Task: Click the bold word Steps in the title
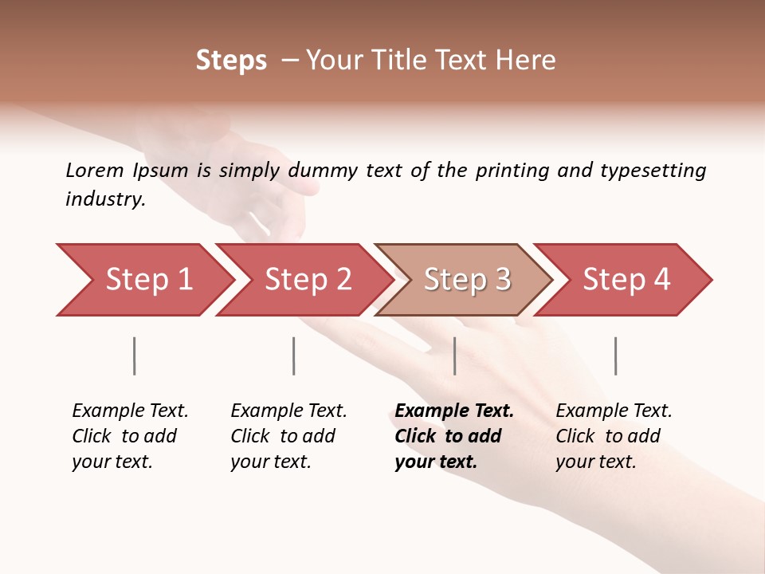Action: [231, 61]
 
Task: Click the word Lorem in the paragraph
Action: [95, 171]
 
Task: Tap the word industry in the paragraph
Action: [105, 199]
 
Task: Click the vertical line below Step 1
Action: [135, 356]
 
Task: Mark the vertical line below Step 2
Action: [294, 356]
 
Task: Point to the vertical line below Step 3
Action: [455, 356]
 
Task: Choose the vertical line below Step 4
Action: [616, 356]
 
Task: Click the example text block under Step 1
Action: [130, 436]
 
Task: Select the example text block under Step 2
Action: [288, 436]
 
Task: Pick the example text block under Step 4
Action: [614, 436]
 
